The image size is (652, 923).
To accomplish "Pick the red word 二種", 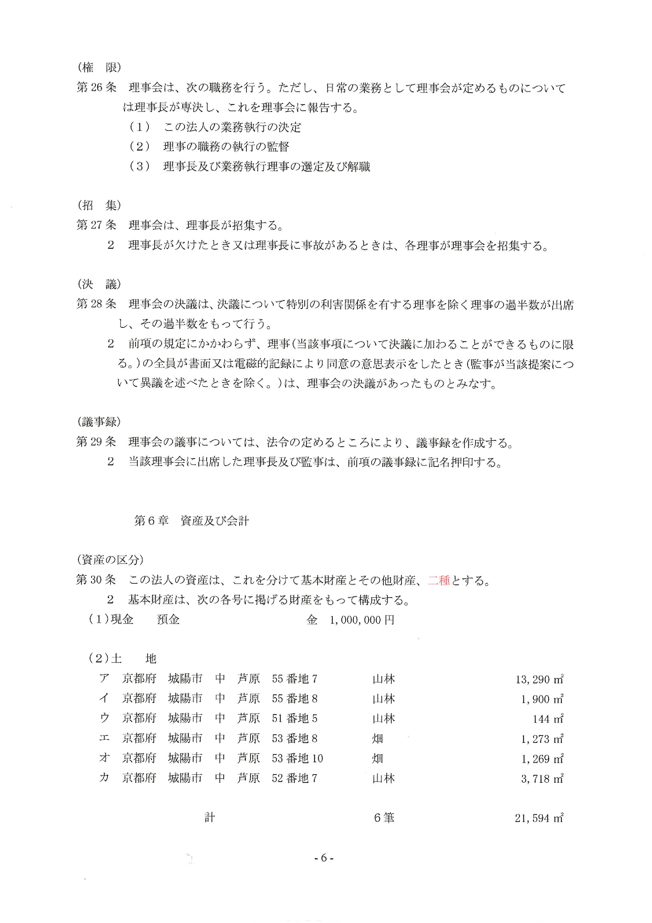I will click(x=439, y=580).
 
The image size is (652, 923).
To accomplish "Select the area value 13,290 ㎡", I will click(x=539, y=679).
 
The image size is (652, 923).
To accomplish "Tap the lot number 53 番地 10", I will click(x=297, y=759).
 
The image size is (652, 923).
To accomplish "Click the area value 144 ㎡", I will click(x=548, y=719).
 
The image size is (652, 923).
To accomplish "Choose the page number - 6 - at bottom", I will click(x=324, y=858).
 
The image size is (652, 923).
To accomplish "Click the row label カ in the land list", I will click(x=104, y=778).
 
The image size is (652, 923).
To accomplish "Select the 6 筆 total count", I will click(x=384, y=818).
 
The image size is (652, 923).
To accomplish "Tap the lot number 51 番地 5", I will click(x=295, y=719).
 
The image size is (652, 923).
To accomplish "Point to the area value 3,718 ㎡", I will click(x=542, y=779).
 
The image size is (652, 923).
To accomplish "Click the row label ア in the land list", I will click(x=104, y=679).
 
